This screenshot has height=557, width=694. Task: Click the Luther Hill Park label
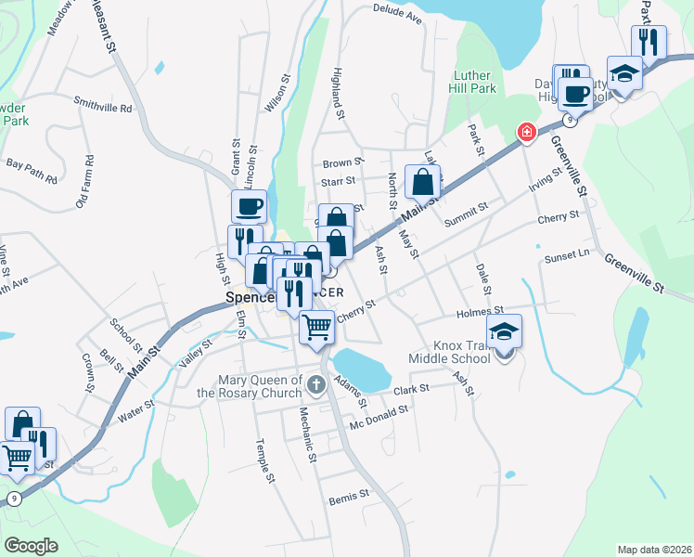475,82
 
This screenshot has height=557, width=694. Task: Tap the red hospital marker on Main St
527,133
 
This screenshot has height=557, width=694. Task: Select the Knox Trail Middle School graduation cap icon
504,332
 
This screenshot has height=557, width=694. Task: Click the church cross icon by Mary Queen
316,383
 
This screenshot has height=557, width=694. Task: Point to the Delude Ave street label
397,13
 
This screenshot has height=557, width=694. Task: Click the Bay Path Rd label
32,163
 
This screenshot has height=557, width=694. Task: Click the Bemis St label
349,499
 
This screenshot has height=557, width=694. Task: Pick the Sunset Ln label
567,253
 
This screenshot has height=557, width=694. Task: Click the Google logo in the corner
31,545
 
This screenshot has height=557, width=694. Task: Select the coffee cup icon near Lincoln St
250,206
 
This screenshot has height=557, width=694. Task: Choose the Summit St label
466,214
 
